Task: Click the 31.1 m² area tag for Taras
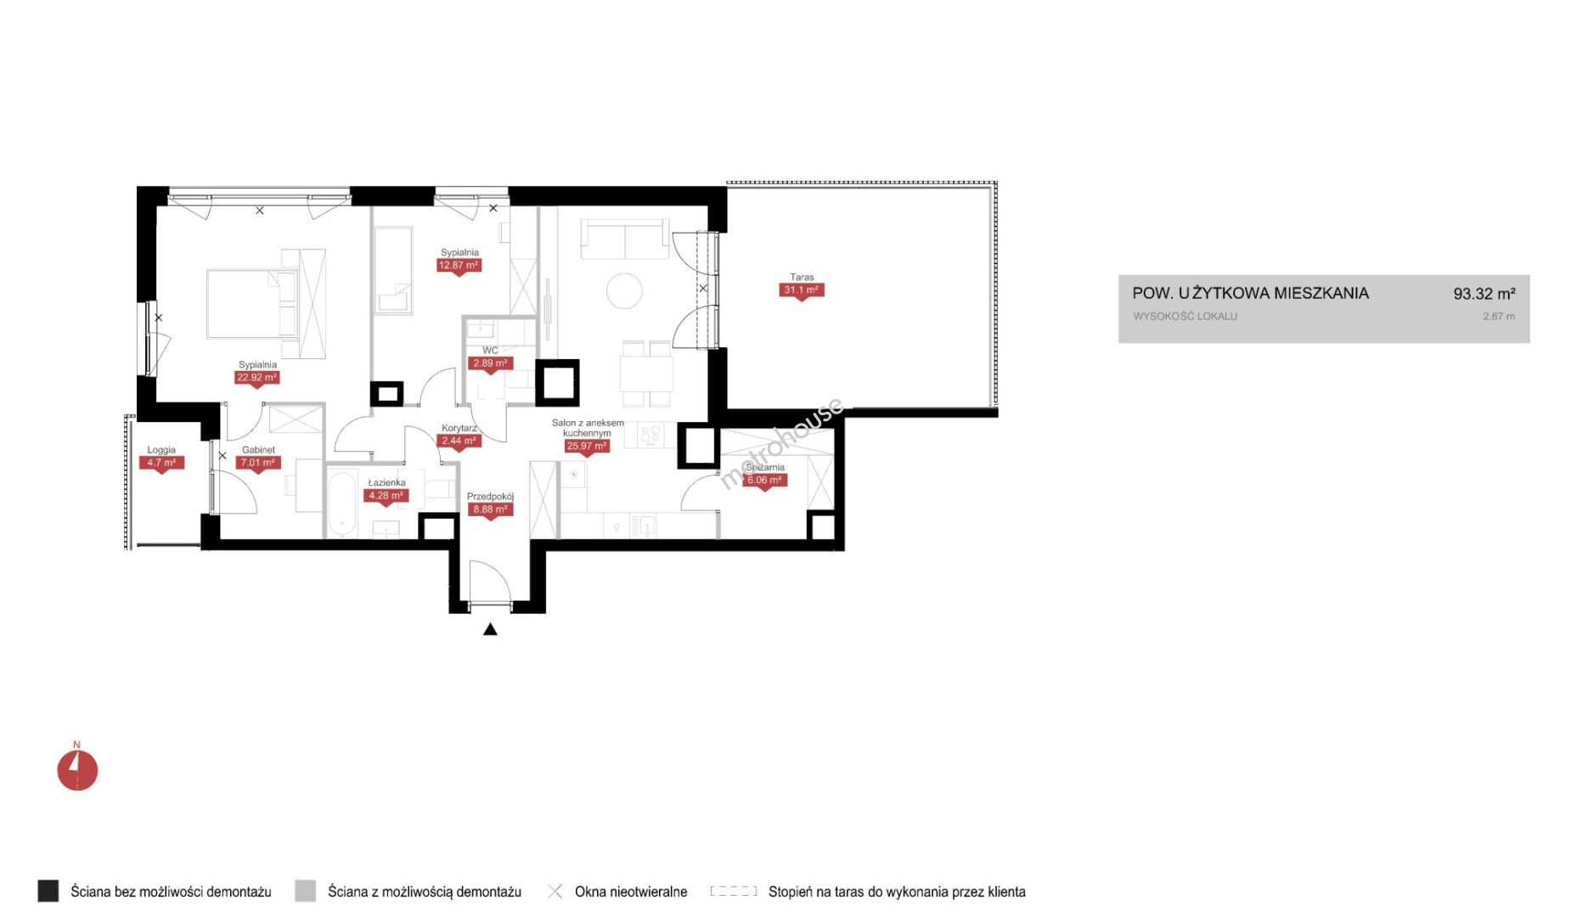(802, 290)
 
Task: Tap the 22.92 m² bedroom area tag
(257, 378)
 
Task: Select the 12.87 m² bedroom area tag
(459, 266)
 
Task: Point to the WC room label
(490, 350)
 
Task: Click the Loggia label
(161, 450)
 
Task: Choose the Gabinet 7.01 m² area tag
(257, 464)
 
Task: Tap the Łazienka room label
(386, 482)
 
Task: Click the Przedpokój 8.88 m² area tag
(490, 510)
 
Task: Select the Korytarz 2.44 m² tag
(459, 442)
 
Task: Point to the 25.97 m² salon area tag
(587, 447)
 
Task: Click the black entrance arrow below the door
(490, 629)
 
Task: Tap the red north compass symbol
(77, 770)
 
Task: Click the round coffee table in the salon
(624, 290)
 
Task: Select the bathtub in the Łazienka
(342, 504)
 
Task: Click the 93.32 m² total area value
(1484, 294)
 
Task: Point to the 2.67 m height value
(1499, 317)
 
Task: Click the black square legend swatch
(48, 891)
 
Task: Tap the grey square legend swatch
(305, 891)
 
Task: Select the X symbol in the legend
(555, 892)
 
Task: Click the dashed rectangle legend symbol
(734, 892)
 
